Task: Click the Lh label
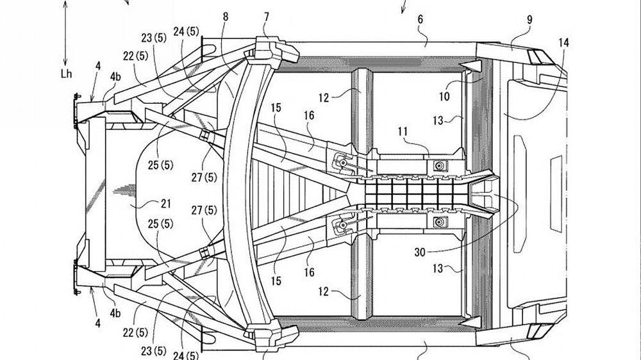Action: pos(65,74)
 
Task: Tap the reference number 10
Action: pos(444,97)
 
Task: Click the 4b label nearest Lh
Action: pos(115,77)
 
